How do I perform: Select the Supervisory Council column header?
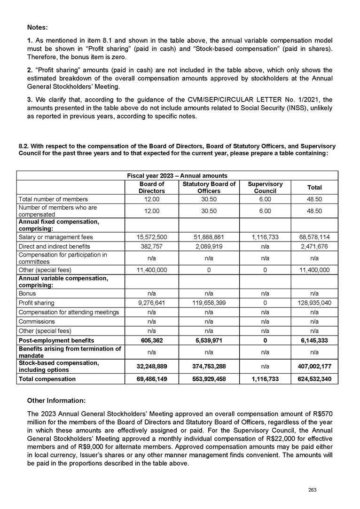(265, 188)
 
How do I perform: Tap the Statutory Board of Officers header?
(209, 188)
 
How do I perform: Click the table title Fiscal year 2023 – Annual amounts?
(177, 175)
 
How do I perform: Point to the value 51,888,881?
(209, 236)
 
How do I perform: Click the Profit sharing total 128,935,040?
(314, 303)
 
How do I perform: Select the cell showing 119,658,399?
(209, 303)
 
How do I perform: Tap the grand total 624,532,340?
(314, 378)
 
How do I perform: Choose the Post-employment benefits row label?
(56, 340)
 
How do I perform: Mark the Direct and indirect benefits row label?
(54, 246)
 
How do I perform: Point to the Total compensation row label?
(47, 378)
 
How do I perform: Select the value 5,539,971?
(209, 340)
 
